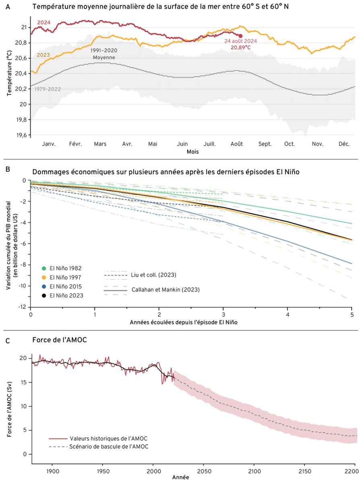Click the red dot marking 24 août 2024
[x=240, y=36]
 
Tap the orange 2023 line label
[x=43, y=55]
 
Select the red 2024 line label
[x=43, y=23]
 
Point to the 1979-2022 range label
[x=48, y=89]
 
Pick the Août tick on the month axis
[x=237, y=144]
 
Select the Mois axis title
[x=192, y=152]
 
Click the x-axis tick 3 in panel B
[x=223, y=315]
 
